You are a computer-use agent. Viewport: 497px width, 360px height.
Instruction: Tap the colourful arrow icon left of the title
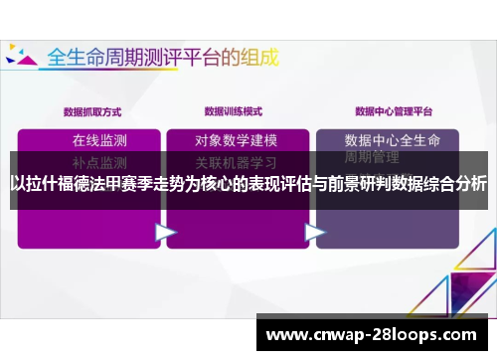(21, 57)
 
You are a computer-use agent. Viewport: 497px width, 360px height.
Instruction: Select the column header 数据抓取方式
(92, 111)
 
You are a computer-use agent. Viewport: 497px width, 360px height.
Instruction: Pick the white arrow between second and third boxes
(315, 233)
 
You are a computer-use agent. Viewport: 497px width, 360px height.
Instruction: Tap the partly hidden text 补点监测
(99, 160)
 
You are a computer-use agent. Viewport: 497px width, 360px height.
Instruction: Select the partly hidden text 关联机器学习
(236, 161)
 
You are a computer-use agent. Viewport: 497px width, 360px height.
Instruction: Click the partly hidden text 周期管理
(372, 158)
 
